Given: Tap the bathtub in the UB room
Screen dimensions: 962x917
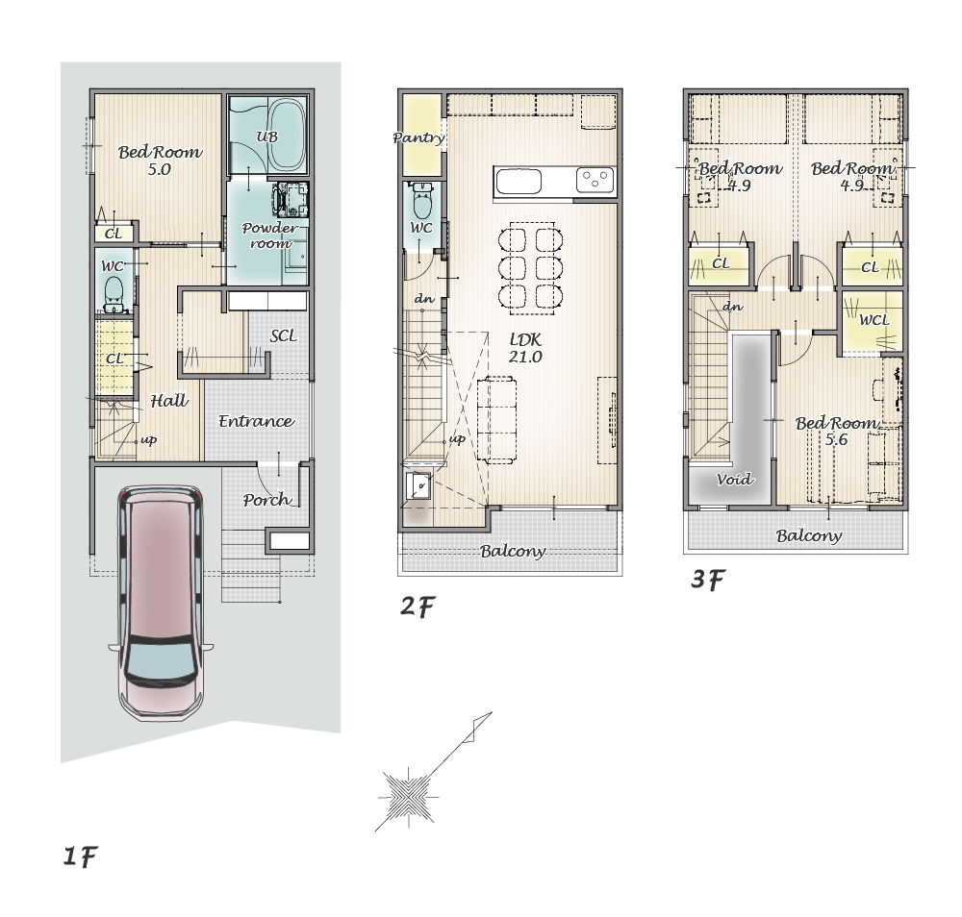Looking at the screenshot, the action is [x=288, y=135].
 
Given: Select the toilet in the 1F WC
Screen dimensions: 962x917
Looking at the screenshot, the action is [x=114, y=293].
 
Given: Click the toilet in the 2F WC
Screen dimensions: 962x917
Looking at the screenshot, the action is [x=421, y=201].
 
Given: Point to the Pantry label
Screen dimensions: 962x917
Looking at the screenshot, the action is [x=418, y=137].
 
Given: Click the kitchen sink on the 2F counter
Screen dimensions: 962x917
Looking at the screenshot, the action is [x=519, y=182].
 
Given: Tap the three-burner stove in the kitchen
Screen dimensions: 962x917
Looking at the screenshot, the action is [x=595, y=180].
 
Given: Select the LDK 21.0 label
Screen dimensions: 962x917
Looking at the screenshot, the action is [x=525, y=348].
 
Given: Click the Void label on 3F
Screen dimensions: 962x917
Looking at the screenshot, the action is [x=734, y=479].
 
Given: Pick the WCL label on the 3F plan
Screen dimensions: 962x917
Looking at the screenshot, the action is [x=873, y=320].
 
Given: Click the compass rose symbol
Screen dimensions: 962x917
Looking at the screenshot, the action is [x=408, y=798].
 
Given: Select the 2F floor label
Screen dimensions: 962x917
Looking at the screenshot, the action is [x=418, y=607].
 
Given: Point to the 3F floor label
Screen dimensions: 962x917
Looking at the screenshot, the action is [x=708, y=579].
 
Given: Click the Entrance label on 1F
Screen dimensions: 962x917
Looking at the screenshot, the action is [x=257, y=421].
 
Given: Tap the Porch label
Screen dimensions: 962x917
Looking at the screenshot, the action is [x=266, y=500].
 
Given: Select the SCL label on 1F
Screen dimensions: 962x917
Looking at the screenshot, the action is [x=283, y=335].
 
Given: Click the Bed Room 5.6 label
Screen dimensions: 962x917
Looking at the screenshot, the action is [x=836, y=431].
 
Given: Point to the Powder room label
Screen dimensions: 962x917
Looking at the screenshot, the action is [x=270, y=235].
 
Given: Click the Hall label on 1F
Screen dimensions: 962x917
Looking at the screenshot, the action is [x=169, y=401].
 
